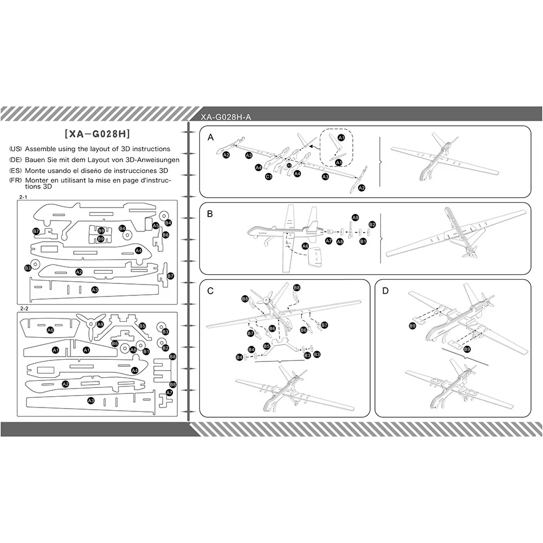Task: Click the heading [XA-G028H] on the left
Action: tap(98, 134)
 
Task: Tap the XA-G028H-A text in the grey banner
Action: tap(226, 117)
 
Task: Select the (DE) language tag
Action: tap(16, 160)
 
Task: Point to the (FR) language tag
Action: tap(16, 180)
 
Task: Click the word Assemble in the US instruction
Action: tap(40, 149)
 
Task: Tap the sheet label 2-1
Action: tap(23, 197)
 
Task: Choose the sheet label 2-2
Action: tap(24, 308)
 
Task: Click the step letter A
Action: tap(211, 138)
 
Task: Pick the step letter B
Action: tap(210, 214)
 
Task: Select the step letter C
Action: tap(210, 291)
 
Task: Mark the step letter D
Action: tap(385, 291)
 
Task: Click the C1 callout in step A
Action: tap(268, 177)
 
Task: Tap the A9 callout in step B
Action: tap(355, 218)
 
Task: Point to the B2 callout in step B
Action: tap(372, 224)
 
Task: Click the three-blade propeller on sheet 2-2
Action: tap(90, 325)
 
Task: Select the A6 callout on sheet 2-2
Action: tap(50, 330)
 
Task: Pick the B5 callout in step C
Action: tap(266, 346)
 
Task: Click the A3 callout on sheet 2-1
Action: tap(95, 290)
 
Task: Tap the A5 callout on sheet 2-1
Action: tap(156, 226)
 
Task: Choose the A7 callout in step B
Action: tap(328, 241)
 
